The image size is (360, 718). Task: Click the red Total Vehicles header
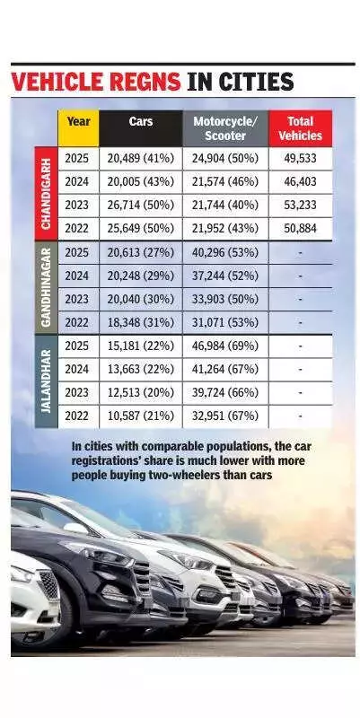[x=299, y=127]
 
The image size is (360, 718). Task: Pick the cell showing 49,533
[x=299, y=159]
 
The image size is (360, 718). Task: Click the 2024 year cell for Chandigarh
[x=78, y=182]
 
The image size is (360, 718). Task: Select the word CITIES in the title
[x=252, y=83]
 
